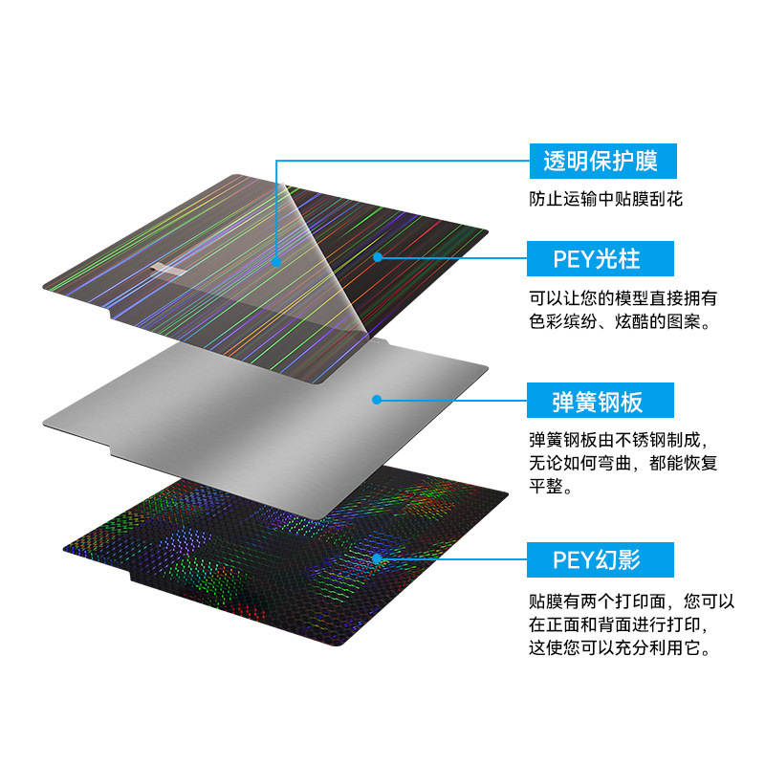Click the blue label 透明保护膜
click(602, 161)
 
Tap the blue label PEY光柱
click(602, 258)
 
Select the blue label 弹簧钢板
click(602, 401)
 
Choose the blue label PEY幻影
click(602, 558)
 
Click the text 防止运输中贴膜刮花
click(607, 200)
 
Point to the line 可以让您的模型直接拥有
click(623, 297)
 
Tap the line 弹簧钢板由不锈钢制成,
click(623, 440)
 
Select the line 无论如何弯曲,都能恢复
click(623, 465)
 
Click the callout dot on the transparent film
click(276, 260)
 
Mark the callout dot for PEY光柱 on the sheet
click(379, 256)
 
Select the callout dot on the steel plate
click(378, 399)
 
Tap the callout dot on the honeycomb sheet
click(378, 557)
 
